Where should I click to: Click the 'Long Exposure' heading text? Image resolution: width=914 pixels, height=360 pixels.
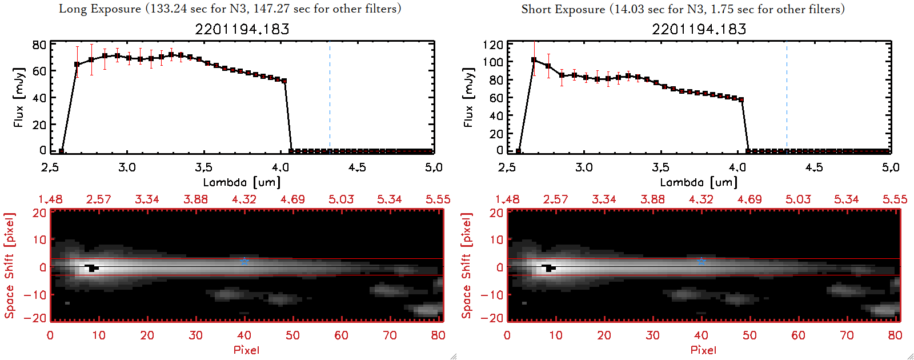click(100, 9)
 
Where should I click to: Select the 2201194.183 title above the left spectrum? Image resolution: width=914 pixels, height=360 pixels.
click(242, 29)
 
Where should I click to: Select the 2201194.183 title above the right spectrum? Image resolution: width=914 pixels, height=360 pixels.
click(699, 29)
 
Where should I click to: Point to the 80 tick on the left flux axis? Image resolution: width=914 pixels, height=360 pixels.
click(39, 45)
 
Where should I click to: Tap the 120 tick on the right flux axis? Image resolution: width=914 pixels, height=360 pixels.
click(493, 45)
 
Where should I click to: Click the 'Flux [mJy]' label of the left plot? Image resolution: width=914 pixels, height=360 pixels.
click(19, 98)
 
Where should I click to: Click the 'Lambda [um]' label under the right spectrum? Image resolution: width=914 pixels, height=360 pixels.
click(699, 182)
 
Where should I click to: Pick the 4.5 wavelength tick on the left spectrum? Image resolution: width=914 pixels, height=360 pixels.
click(357, 167)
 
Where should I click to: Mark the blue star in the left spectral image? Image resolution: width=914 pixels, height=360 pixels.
click(244, 262)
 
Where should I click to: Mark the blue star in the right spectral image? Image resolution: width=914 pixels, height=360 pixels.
click(701, 262)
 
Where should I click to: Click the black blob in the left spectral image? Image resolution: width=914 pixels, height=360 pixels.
click(91, 267)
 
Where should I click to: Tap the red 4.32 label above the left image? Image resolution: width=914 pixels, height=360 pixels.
click(244, 199)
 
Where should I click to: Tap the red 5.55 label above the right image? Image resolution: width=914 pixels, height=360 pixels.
click(895, 199)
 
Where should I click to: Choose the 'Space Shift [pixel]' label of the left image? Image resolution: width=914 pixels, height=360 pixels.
click(9, 266)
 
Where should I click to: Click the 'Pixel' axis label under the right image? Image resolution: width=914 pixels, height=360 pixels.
click(703, 350)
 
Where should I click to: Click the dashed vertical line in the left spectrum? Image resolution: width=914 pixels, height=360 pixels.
click(330, 97)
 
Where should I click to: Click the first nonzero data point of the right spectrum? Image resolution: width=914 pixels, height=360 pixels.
click(534, 59)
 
